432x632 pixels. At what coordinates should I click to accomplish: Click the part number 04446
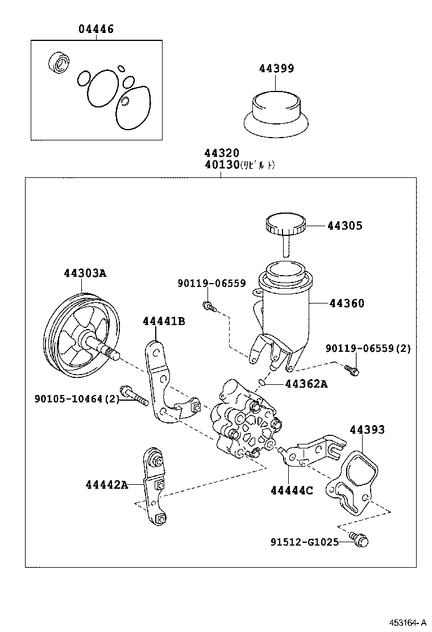click(95, 29)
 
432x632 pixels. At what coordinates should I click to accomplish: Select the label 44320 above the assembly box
click(222, 153)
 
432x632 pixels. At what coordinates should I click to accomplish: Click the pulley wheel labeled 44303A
click(82, 335)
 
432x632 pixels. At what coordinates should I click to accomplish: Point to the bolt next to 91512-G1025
click(358, 540)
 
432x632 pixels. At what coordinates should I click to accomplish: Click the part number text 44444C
click(292, 490)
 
